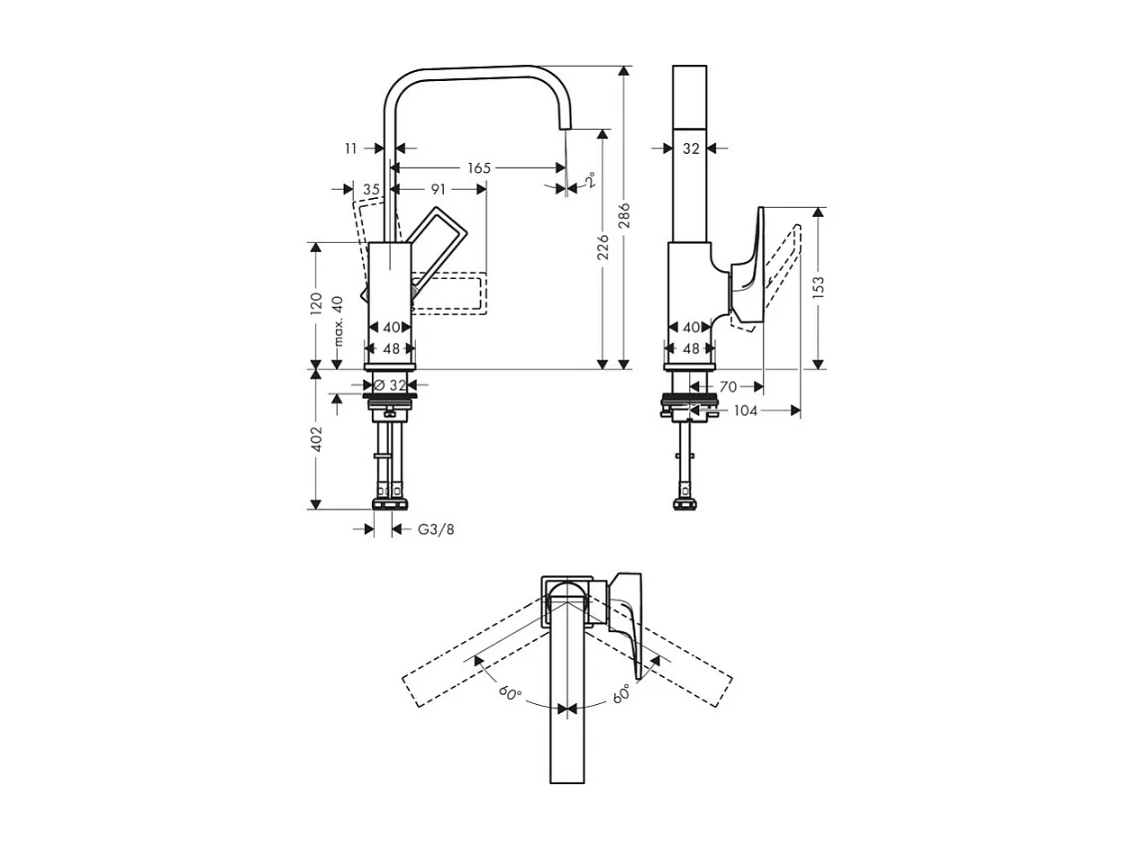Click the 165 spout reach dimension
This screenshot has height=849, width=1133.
point(478,167)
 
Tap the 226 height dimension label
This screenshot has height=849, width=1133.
point(603,248)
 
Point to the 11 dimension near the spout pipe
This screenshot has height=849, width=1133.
point(351,149)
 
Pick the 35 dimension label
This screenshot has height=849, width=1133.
point(371,189)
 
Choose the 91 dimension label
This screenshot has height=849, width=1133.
point(438,189)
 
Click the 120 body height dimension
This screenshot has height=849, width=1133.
point(316,303)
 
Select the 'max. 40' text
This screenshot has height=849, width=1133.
point(339,321)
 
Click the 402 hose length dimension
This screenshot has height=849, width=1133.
point(316,438)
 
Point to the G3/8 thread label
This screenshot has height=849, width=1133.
point(436,529)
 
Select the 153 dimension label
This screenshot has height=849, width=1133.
point(818,287)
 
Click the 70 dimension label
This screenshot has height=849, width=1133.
point(729,386)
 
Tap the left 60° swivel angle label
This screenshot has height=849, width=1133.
point(511,693)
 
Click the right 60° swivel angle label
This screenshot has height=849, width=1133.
point(621,693)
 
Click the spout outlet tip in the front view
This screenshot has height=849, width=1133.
point(565,124)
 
